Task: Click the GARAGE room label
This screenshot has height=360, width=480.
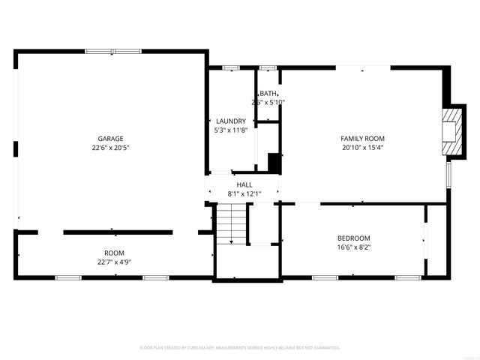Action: (x=110, y=138)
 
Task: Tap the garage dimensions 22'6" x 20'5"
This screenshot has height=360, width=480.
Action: (x=110, y=148)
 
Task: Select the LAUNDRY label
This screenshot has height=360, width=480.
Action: (x=231, y=121)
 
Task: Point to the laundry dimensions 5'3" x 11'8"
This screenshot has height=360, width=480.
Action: (x=231, y=130)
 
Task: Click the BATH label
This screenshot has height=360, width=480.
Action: (x=268, y=93)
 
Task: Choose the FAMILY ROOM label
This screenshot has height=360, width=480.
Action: (x=362, y=138)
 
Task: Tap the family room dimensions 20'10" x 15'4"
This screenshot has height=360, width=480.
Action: (x=362, y=148)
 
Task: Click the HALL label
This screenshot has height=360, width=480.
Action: (x=244, y=184)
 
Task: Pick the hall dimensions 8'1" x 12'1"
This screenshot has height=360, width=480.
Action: (x=244, y=194)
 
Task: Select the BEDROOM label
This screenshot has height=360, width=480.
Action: (x=353, y=238)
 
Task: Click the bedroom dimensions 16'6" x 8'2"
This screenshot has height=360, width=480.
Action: (x=353, y=247)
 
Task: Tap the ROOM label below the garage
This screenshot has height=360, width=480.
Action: (x=114, y=253)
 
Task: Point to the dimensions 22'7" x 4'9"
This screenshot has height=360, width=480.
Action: (x=114, y=262)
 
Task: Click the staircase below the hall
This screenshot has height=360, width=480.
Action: (x=232, y=224)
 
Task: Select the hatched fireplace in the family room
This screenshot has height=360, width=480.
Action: (x=453, y=132)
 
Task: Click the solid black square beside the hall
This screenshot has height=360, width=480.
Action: (x=274, y=163)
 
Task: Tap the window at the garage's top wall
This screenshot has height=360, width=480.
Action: (x=112, y=51)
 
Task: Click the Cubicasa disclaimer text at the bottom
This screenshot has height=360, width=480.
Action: (x=240, y=347)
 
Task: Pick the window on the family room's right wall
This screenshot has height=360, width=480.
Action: (x=449, y=175)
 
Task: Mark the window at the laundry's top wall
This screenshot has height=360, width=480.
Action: (x=231, y=68)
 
